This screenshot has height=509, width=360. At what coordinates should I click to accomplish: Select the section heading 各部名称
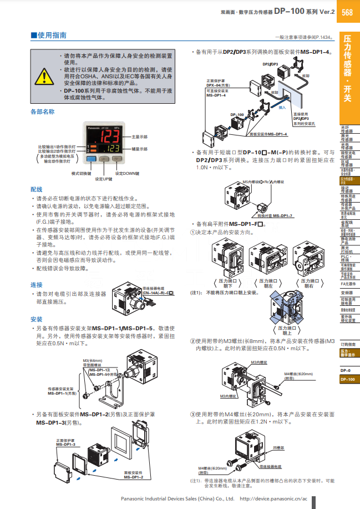click(43, 112)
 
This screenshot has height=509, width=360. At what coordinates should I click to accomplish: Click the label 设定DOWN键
click(126, 174)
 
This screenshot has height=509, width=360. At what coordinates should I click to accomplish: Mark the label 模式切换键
click(82, 174)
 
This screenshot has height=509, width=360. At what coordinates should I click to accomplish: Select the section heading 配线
click(37, 189)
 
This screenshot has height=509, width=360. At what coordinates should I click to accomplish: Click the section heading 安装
click(37, 319)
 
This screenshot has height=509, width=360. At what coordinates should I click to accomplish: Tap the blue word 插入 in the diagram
click(282, 107)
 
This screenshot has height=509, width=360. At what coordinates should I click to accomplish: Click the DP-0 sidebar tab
click(346, 370)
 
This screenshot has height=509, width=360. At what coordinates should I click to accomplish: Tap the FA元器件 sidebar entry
click(347, 283)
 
